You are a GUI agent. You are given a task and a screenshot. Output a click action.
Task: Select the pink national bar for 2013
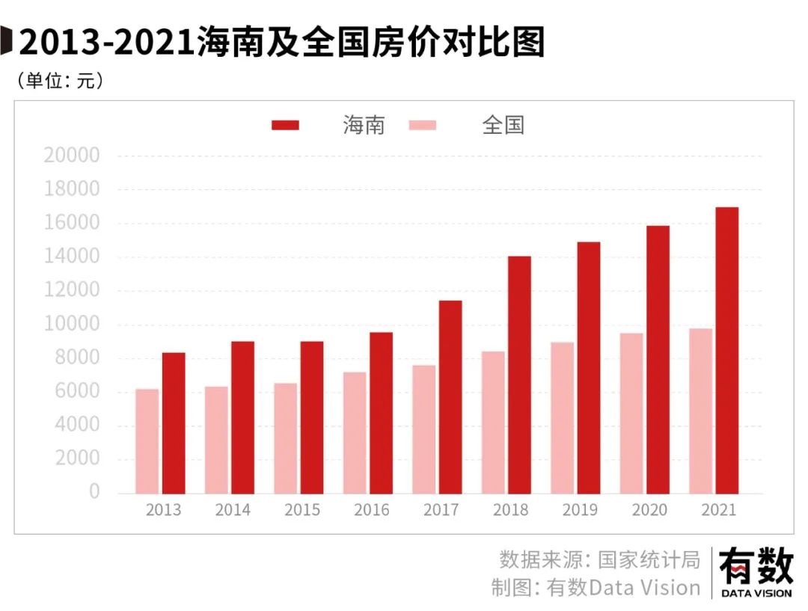147,441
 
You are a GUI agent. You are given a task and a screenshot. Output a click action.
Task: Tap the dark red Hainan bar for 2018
519,375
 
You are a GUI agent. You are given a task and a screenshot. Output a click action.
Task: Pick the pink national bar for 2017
423,429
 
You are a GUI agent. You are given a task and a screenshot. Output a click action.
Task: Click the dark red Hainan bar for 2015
312,417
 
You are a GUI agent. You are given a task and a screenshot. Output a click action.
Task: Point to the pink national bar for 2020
631,413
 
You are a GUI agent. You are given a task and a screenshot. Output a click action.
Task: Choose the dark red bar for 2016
381,413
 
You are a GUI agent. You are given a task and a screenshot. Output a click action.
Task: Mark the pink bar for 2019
562,418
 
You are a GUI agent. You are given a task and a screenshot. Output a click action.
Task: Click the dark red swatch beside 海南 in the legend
285,125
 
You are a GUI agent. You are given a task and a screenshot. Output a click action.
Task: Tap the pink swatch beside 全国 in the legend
423,125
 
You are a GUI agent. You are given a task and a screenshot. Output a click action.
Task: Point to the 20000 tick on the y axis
72,156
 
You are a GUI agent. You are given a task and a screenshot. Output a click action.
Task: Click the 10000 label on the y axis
72,324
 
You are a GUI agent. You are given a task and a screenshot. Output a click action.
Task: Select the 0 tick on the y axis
94,491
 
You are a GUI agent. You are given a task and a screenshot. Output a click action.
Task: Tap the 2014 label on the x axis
233,511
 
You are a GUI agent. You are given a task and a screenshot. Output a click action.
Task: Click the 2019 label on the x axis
580,511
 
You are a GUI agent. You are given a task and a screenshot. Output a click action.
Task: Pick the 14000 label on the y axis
72,257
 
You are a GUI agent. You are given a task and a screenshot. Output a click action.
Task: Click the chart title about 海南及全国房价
281,43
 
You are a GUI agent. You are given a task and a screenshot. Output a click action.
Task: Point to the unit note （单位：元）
60,81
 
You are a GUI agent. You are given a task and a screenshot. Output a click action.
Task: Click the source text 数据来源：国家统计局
599,559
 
